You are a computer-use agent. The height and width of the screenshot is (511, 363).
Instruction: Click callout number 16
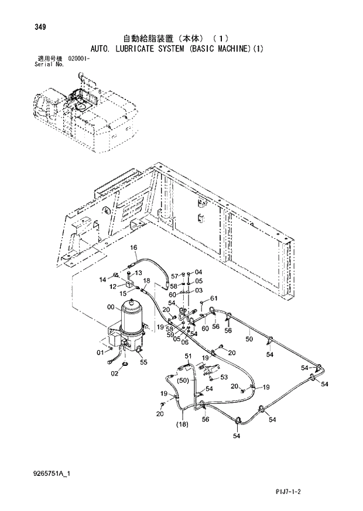(x=133, y=248)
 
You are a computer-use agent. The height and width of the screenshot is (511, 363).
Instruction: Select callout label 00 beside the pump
(x=111, y=307)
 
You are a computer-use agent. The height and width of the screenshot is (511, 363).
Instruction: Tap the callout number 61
(x=214, y=299)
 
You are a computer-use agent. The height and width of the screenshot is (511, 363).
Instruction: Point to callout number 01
(x=100, y=352)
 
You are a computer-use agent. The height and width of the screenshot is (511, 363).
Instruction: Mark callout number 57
(x=174, y=275)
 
